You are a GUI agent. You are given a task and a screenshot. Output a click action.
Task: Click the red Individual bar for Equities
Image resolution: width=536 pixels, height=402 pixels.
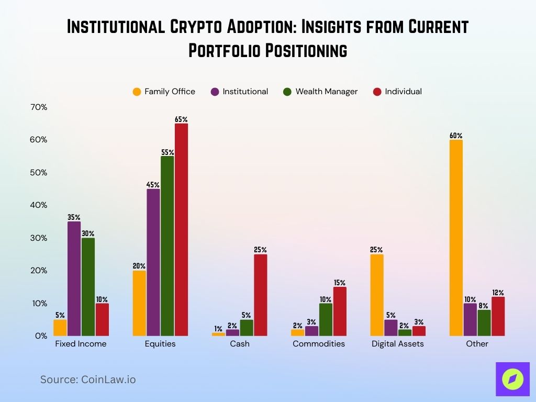tap(181, 229)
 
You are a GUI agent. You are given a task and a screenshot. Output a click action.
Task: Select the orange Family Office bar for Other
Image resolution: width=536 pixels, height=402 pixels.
tap(456, 238)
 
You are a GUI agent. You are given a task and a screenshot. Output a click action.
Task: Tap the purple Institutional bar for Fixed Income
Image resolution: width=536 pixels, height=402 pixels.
tap(74, 278)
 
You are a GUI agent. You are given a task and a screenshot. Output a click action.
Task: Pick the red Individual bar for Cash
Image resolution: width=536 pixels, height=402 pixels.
tap(260, 295)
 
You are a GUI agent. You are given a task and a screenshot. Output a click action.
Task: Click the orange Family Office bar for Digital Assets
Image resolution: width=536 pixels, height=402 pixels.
tap(376, 295)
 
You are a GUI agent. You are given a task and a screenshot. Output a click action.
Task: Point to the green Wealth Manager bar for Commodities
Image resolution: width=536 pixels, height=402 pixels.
tap(326, 319)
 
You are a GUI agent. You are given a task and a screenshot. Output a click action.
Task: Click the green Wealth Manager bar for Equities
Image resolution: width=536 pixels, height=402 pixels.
tap(167, 245)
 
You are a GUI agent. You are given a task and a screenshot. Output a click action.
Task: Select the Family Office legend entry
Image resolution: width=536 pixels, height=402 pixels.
tap(164, 92)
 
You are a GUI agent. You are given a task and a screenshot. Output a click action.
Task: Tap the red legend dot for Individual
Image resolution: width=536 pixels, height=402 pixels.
tap(377, 92)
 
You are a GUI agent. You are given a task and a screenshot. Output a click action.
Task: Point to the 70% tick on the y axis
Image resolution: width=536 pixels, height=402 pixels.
tap(39, 107)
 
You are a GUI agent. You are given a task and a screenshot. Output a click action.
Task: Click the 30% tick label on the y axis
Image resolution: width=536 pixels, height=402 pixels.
tap(39, 238)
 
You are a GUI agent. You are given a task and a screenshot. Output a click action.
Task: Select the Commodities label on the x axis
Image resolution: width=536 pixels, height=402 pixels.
tap(319, 344)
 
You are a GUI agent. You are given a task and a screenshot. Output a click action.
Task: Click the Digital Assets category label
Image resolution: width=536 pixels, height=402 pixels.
tap(398, 344)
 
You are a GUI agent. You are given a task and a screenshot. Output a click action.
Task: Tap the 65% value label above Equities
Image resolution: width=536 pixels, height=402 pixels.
tap(181, 120)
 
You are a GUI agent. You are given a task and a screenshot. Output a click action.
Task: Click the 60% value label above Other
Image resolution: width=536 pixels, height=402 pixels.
tap(456, 136)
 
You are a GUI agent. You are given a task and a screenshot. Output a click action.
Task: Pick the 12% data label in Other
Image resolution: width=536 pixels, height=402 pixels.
tap(498, 293)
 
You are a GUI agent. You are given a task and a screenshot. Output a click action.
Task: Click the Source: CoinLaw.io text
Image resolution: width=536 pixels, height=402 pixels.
tap(88, 379)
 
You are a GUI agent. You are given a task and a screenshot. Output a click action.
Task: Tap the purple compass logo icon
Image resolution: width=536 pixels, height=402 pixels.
tap(512, 379)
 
